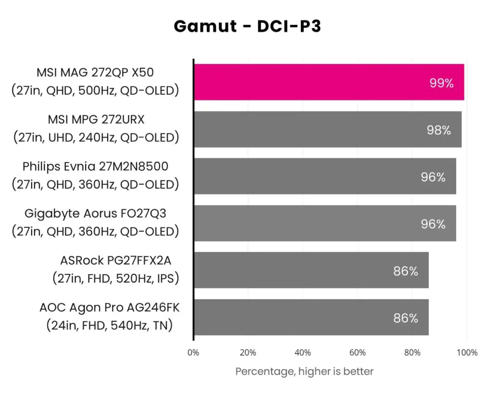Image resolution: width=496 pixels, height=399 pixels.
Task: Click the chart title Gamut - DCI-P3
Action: coord(247,26)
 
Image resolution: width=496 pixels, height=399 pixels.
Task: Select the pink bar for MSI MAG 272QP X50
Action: coord(329,82)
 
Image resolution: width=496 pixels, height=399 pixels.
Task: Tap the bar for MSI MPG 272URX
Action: coord(327,129)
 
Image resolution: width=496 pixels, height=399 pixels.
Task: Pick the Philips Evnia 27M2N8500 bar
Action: coord(325,176)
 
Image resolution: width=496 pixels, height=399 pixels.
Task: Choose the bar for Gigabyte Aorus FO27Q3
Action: coord(325,223)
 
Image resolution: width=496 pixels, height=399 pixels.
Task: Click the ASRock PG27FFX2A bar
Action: coord(311,271)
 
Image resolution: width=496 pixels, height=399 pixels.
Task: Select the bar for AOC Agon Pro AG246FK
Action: coord(311,318)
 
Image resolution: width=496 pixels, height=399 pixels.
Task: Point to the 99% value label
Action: coord(441,83)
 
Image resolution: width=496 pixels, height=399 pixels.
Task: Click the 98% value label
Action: coord(439,130)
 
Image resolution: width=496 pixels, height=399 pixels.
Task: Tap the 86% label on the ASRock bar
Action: coord(405,271)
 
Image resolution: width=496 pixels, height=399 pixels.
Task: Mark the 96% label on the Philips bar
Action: coord(433,177)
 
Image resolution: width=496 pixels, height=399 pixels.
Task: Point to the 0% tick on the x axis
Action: coord(193,352)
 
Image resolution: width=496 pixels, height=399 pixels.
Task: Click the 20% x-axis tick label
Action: coord(248,352)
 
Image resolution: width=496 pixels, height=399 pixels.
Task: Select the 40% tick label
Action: coord(303,352)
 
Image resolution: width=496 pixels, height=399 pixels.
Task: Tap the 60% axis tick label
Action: coord(357,352)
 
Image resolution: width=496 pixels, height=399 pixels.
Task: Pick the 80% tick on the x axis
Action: coord(412,352)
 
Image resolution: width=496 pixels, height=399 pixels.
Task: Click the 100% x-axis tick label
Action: coord(467,352)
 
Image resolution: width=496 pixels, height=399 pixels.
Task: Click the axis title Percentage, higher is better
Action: coord(304,371)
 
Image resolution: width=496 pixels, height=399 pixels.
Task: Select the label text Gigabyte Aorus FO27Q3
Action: coord(95,213)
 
